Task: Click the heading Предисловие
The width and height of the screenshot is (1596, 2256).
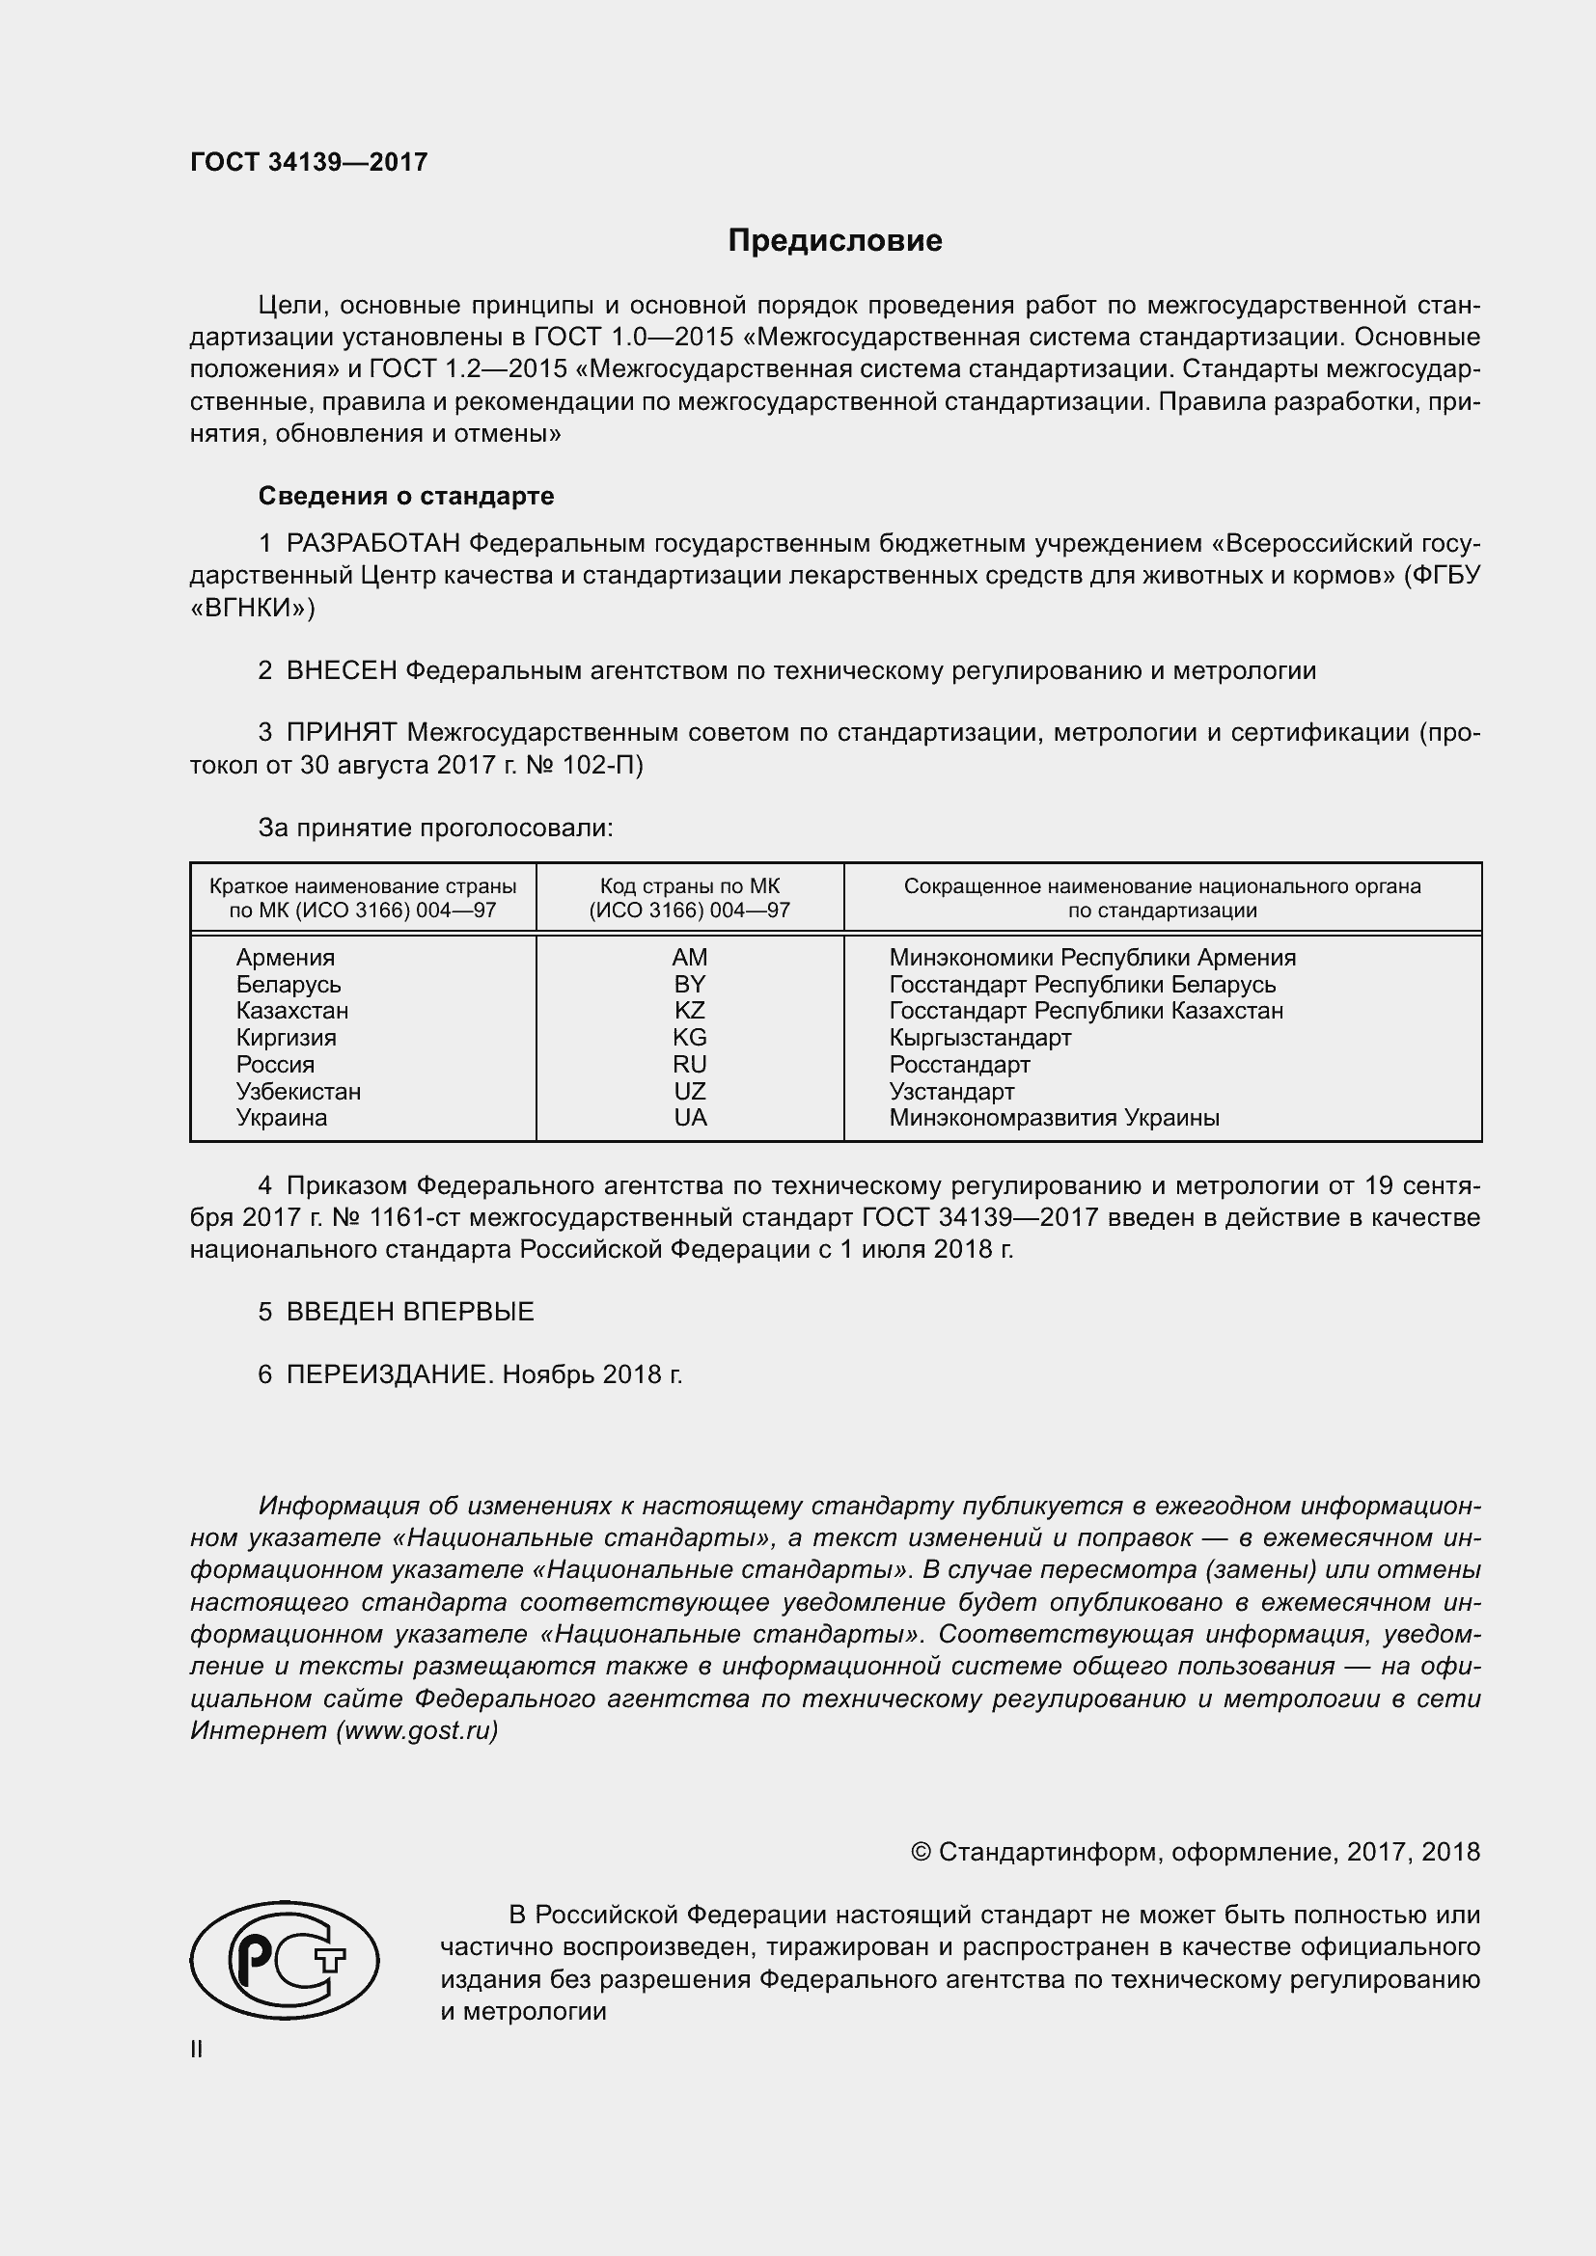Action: [835, 241]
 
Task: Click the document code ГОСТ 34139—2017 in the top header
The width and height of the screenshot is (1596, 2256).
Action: [309, 162]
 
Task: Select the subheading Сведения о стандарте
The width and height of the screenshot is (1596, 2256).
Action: [406, 496]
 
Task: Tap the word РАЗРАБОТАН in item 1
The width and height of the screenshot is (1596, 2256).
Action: [373, 543]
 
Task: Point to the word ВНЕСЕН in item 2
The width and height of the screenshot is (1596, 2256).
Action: [341, 671]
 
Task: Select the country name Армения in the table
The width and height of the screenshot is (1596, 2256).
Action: [285, 957]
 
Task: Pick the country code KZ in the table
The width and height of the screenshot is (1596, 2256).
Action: [690, 1010]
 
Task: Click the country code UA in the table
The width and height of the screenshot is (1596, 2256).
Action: [690, 1117]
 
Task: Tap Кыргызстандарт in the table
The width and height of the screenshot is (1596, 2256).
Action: [979, 1038]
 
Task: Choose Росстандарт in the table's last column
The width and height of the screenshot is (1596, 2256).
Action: [959, 1064]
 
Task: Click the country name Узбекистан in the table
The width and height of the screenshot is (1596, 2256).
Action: [298, 1091]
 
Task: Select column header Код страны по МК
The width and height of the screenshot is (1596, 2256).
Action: [690, 886]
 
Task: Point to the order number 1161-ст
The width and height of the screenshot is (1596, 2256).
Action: [414, 1217]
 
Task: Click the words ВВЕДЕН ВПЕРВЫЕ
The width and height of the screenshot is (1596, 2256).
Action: [410, 1312]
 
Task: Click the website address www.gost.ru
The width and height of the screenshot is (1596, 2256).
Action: [417, 1730]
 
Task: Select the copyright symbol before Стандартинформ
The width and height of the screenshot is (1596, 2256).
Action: [921, 1853]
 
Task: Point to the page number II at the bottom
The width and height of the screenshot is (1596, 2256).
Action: [197, 2049]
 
